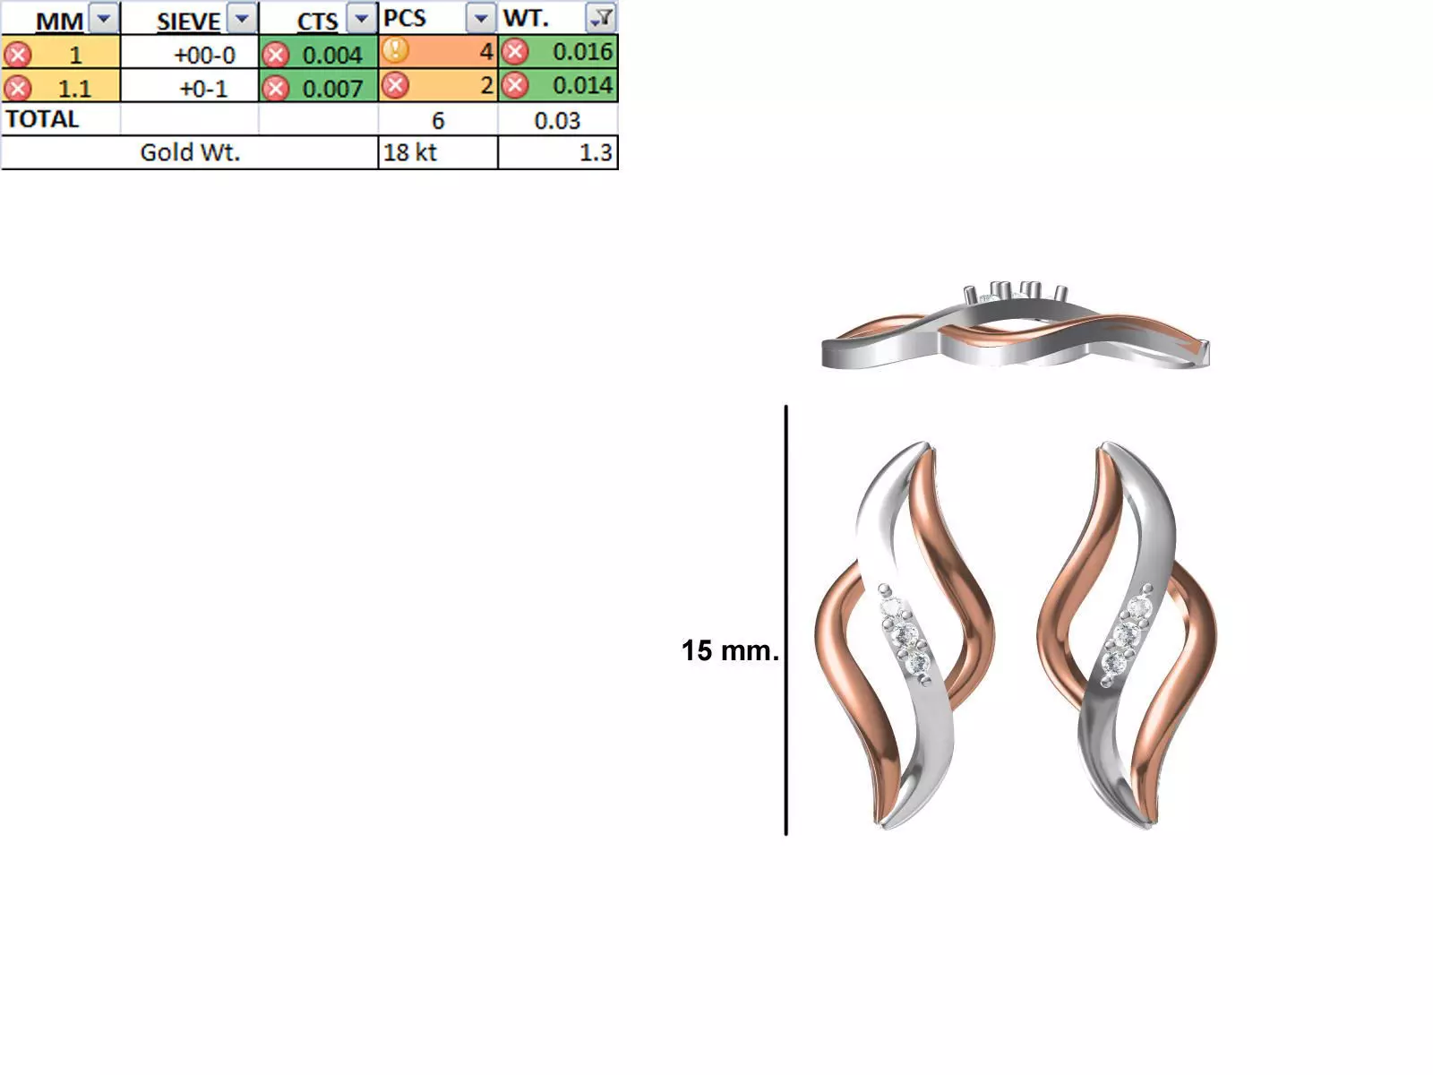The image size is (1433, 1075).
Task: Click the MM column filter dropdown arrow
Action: pyautogui.click(x=104, y=19)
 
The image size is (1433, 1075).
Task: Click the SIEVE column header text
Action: pyautogui.click(x=188, y=21)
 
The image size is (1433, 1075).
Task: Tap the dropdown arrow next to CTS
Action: pyautogui.click(x=361, y=19)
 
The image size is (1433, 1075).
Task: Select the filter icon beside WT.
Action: pyautogui.click(x=601, y=17)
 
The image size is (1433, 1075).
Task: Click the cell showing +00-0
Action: pyautogui.click(x=203, y=55)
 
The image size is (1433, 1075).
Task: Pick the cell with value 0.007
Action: pyautogui.click(x=331, y=89)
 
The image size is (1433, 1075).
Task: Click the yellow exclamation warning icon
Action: pyautogui.click(x=395, y=51)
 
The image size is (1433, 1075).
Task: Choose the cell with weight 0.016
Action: pyautogui.click(x=581, y=52)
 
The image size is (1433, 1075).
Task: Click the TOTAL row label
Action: pyautogui.click(x=42, y=119)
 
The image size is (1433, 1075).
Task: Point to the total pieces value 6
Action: pyautogui.click(x=438, y=121)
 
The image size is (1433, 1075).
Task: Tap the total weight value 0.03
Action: pyautogui.click(x=557, y=121)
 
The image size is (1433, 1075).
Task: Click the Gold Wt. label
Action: pyautogui.click(x=190, y=152)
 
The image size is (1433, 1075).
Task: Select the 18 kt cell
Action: pyautogui.click(x=410, y=152)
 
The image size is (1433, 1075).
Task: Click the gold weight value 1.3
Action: pyautogui.click(x=595, y=152)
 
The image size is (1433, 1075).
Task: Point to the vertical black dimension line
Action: pyautogui.click(x=786, y=618)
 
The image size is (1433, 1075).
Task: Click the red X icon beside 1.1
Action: pyautogui.click(x=17, y=88)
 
